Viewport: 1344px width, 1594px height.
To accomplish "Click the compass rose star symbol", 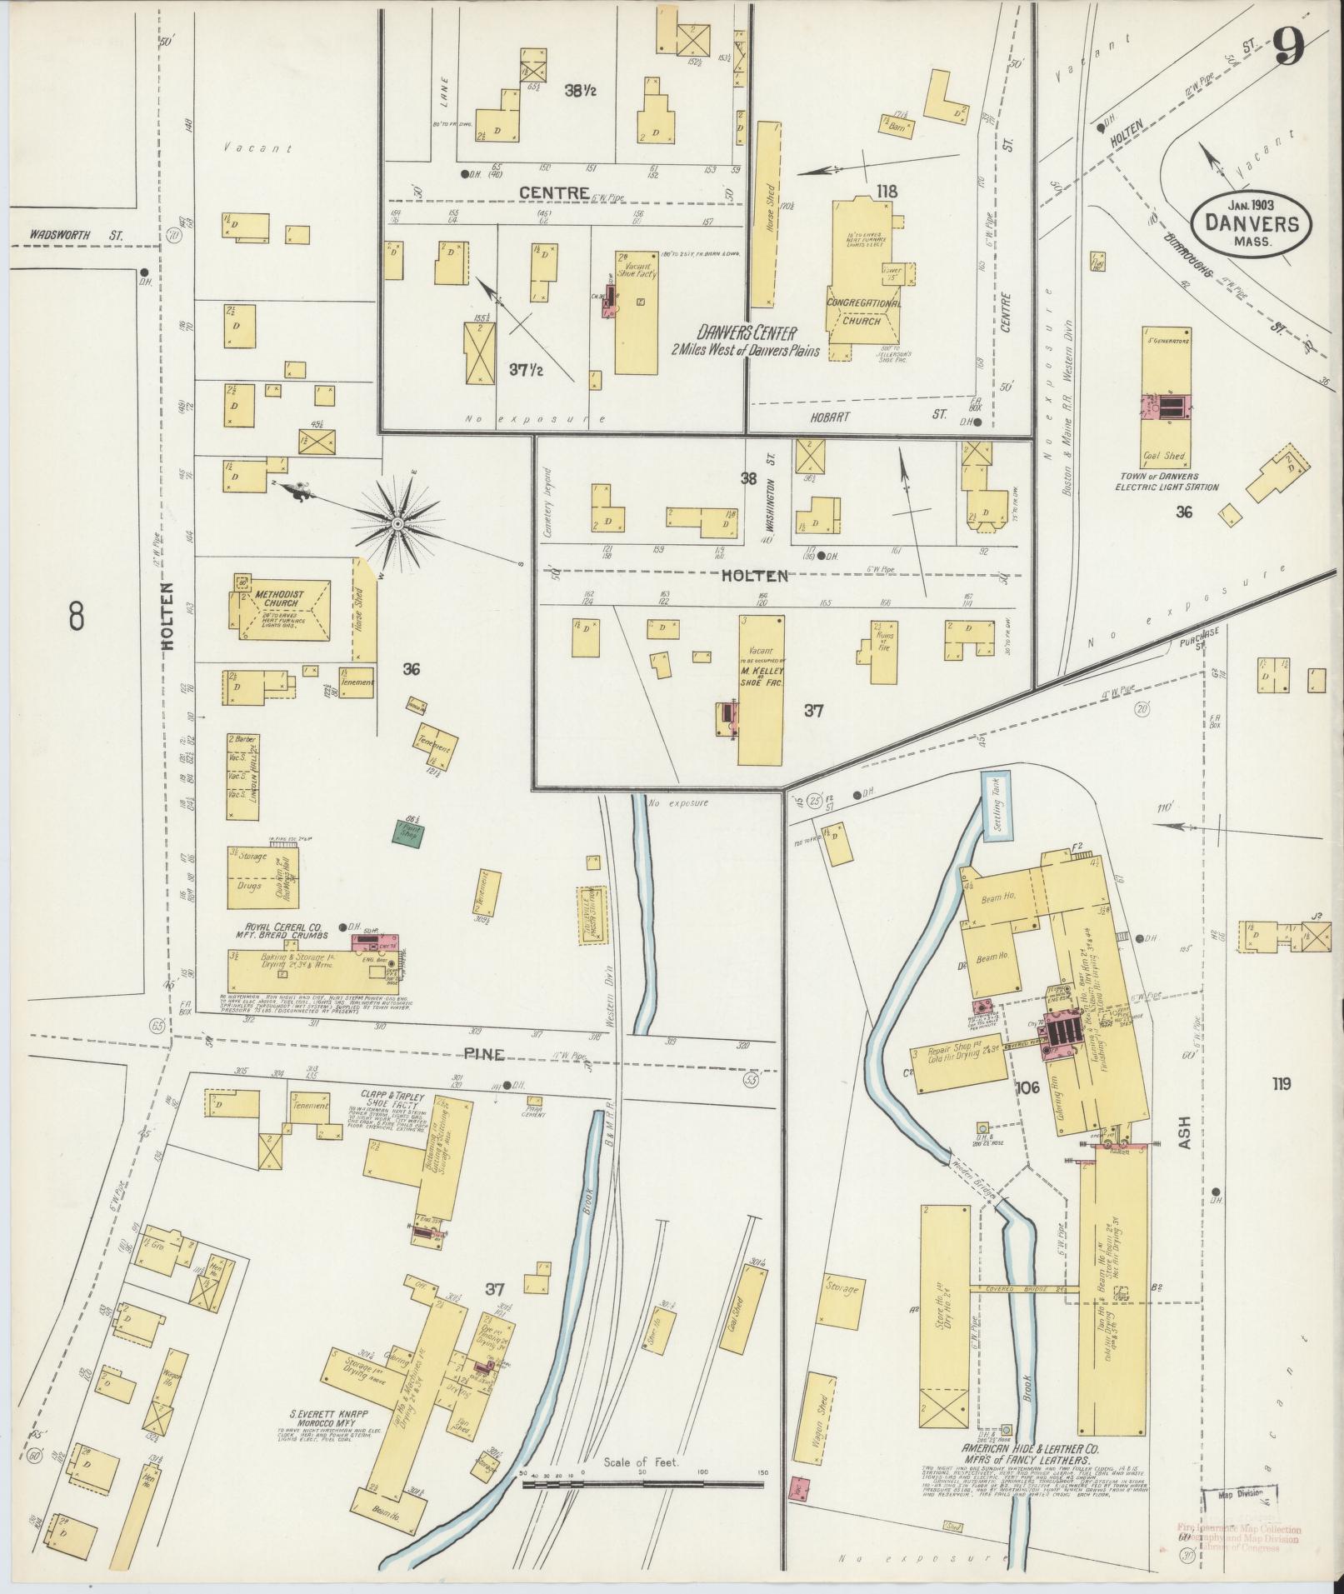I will pyautogui.click(x=398, y=523).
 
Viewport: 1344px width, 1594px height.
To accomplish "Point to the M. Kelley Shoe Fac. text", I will pyautogui.click(x=759, y=675).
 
